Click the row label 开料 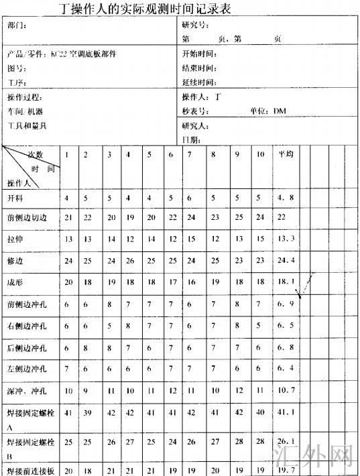pyautogui.click(x=15, y=198)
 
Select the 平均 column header pyautogui.click(x=286, y=155)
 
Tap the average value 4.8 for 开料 pyautogui.click(x=286, y=198)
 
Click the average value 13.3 pyautogui.click(x=287, y=239)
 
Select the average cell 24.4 pyautogui.click(x=287, y=260)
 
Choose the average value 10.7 pyautogui.click(x=287, y=390)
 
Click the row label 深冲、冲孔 pyautogui.click(x=25, y=390)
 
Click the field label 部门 pyautogui.click(x=16, y=25)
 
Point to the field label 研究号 pyautogui.click(x=194, y=25)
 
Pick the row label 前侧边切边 pyautogui.click(x=27, y=218)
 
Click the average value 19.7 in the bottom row pyautogui.click(x=287, y=470)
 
